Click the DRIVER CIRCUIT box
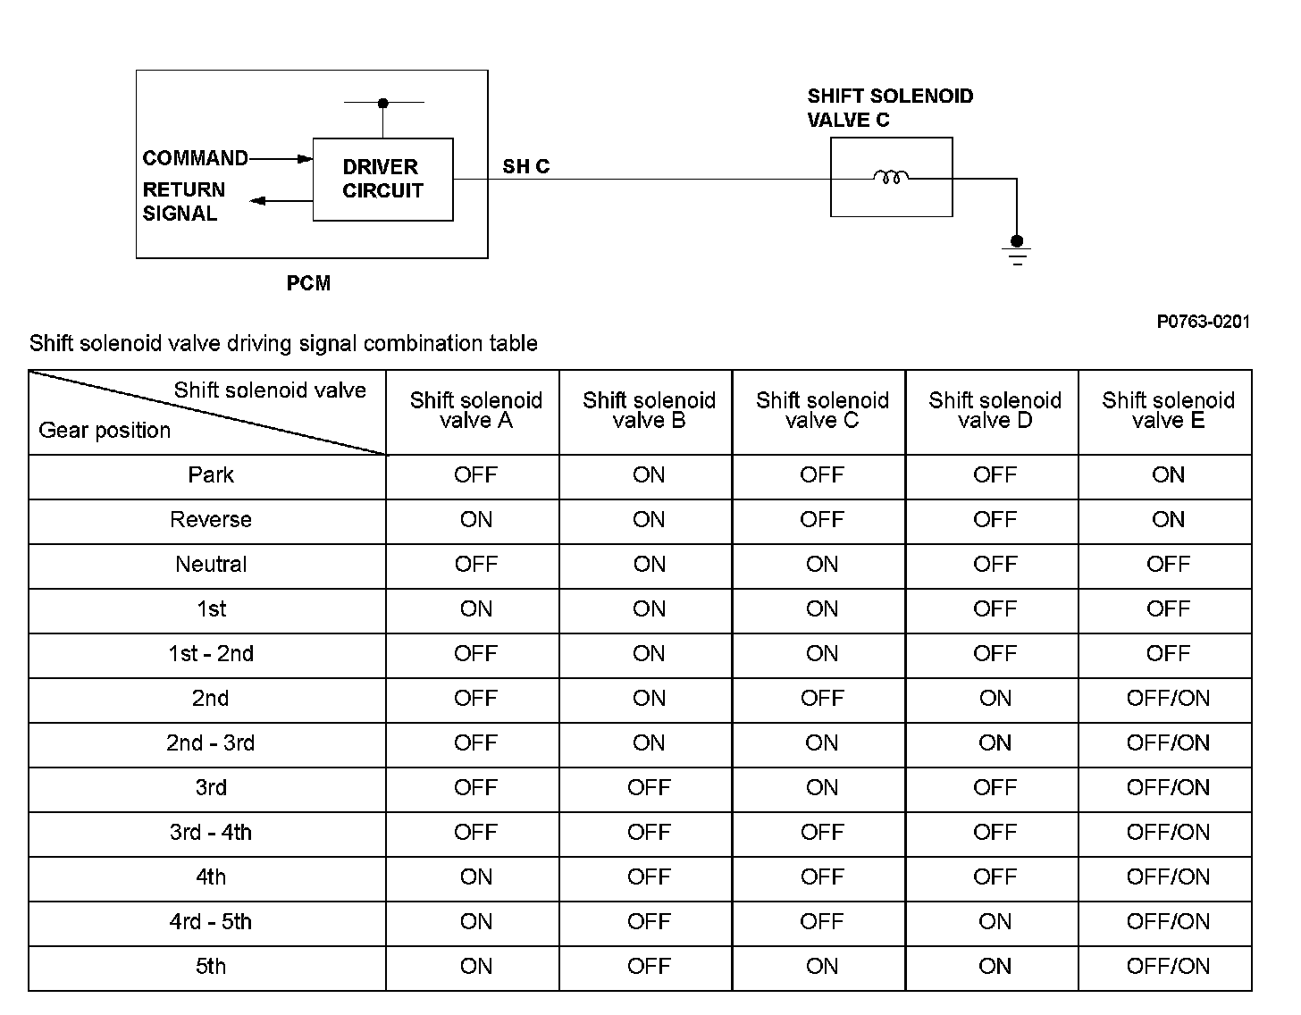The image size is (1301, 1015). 382,179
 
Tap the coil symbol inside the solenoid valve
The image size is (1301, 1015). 890,178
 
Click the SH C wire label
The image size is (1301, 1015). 525,166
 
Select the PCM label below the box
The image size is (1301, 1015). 308,283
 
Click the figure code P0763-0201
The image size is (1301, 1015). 1203,322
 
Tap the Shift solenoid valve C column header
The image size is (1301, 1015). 822,410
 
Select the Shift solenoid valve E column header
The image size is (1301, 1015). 1168,410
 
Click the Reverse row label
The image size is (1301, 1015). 211,520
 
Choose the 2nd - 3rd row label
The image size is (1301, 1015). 211,743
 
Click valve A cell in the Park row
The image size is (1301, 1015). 475,475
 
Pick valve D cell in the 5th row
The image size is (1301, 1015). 995,967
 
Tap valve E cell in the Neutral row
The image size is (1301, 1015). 1168,565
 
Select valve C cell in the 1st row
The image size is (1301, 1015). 822,609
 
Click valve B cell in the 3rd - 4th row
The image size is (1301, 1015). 649,833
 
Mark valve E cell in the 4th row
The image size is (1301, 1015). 1168,877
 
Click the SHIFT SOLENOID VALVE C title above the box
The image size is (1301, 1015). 890,108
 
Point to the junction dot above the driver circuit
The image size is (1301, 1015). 383,103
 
